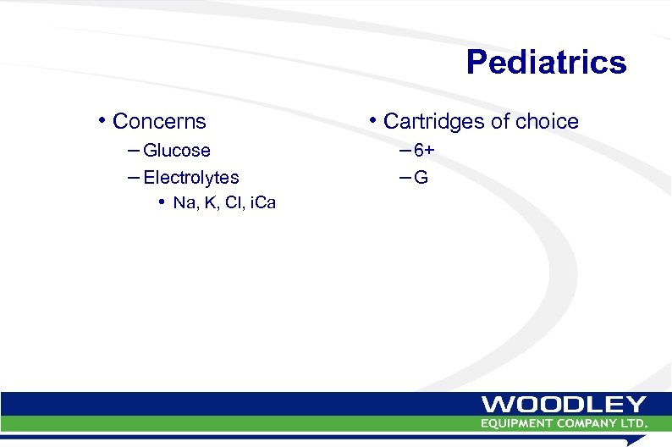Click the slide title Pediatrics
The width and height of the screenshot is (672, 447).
[x=546, y=63]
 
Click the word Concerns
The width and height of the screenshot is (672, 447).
[x=159, y=122]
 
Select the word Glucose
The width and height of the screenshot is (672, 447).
[x=177, y=151]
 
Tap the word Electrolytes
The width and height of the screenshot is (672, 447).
[x=191, y=178]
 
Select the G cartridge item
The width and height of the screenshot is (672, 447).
[x=421, y=178]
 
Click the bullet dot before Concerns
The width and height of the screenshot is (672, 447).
[x=102, y=120]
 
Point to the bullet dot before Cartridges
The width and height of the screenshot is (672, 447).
[x=372, y=120]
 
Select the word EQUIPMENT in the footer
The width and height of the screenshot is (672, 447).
[x=519, y=422]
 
